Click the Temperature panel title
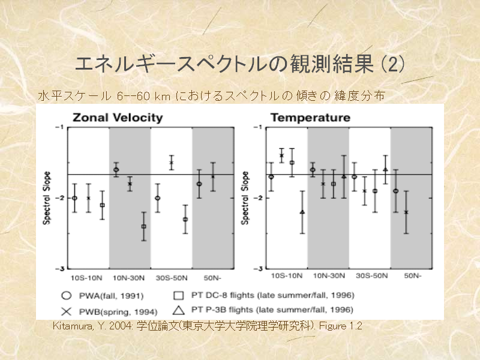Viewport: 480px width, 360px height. click(310, 118)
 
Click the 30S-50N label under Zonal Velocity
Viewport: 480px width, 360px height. click(170, 277)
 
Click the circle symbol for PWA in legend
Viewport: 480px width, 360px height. click(67, 295)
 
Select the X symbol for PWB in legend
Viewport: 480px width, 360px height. click(67, 311)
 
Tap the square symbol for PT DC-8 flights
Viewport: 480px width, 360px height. click(178, 295)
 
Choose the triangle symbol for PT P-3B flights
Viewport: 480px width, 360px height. click(178, 310)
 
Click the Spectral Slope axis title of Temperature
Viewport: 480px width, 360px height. click(245, 198)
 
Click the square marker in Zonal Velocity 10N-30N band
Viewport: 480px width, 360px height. click(143, 226)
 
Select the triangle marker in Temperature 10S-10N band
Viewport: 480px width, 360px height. click(302, 212)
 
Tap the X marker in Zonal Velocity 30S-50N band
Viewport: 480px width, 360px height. click(171, 162)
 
